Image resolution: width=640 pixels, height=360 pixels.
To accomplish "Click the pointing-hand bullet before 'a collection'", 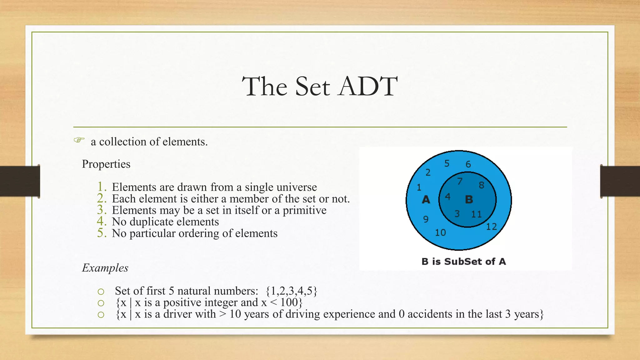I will click(x=79, y=140).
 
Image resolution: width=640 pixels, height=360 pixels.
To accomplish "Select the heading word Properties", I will click(x=106, y=164).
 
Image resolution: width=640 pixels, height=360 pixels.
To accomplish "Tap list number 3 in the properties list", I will click(x=102, y=210).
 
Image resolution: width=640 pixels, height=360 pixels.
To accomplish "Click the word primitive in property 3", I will click(x=304, y=210).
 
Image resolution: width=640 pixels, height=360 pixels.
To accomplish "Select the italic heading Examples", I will click(x=105, y=268).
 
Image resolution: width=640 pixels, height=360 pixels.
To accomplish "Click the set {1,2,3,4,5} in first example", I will click(x=291, y=291).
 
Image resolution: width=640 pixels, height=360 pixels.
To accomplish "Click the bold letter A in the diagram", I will click(x=426, y=199).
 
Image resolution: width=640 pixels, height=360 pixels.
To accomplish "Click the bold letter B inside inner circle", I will click(x=469, y=199).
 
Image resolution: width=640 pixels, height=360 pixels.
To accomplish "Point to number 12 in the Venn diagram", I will click(x=491, y=227).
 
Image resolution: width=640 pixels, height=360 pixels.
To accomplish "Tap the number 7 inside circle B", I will click(x=459, y=181).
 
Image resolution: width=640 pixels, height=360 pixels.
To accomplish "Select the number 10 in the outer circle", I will click(x=440, y=232).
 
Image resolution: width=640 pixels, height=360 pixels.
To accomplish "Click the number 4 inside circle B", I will click(x=447, y=197).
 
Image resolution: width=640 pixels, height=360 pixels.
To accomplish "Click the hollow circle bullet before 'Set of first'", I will click(x=101, y=292).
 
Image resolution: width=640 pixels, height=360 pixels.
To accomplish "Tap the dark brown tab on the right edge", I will click(x=620, y=181).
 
